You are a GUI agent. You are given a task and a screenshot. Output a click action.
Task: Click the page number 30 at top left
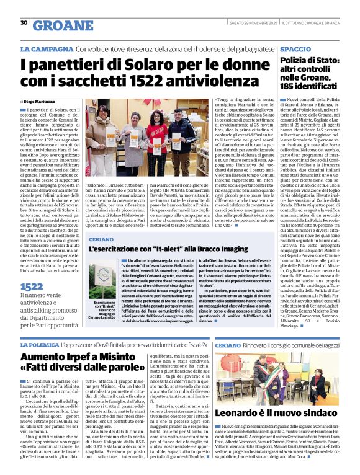coord(24,23)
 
